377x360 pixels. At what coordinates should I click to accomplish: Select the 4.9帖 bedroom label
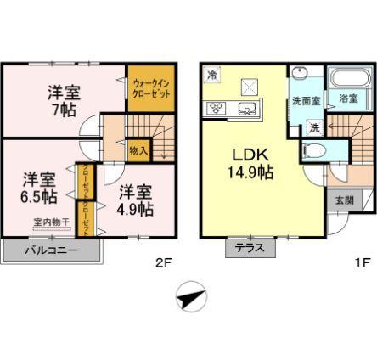(135, 199)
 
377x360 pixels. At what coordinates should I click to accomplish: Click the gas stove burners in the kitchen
(215, 107)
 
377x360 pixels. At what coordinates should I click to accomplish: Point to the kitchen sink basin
(249, 107)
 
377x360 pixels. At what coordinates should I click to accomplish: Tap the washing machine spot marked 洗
(313, 128)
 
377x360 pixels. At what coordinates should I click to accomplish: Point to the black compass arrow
(192, 298)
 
